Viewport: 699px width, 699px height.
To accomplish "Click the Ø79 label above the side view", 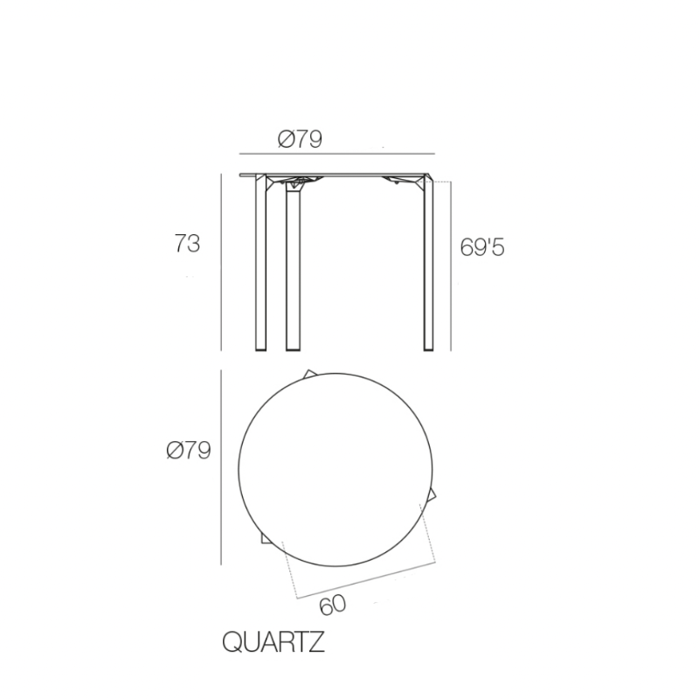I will [300, 139].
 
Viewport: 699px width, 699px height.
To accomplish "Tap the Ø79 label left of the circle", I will [189, 451].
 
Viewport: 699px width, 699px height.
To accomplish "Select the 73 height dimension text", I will [187, 244].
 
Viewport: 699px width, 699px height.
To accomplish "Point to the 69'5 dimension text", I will [482, 248].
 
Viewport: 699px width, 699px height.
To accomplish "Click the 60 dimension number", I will [332, 604].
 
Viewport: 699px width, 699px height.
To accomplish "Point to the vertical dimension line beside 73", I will [220, 262].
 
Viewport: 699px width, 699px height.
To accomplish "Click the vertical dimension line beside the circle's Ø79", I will [221, 467].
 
